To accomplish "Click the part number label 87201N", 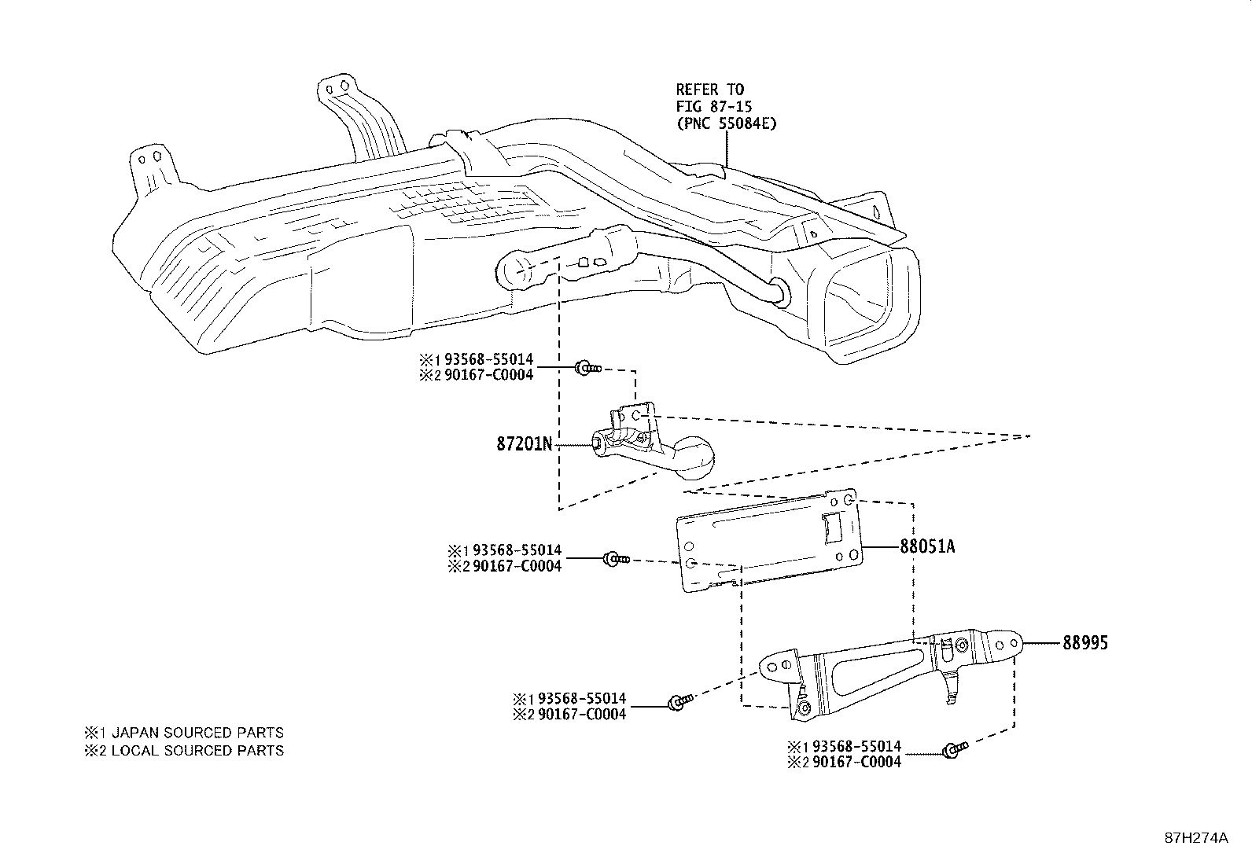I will point(525,444).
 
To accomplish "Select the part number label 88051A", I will point(927,546).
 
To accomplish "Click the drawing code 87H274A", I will point(1195,838).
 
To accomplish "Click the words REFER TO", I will point(709,89).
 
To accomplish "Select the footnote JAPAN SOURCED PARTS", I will point(197,733).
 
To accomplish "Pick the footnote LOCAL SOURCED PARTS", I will point(197,751).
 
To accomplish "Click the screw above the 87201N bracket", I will point(586,367).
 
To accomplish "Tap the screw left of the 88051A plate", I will point(614,559).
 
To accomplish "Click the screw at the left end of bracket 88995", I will point(678,701).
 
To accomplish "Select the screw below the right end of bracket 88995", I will point(953,750).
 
